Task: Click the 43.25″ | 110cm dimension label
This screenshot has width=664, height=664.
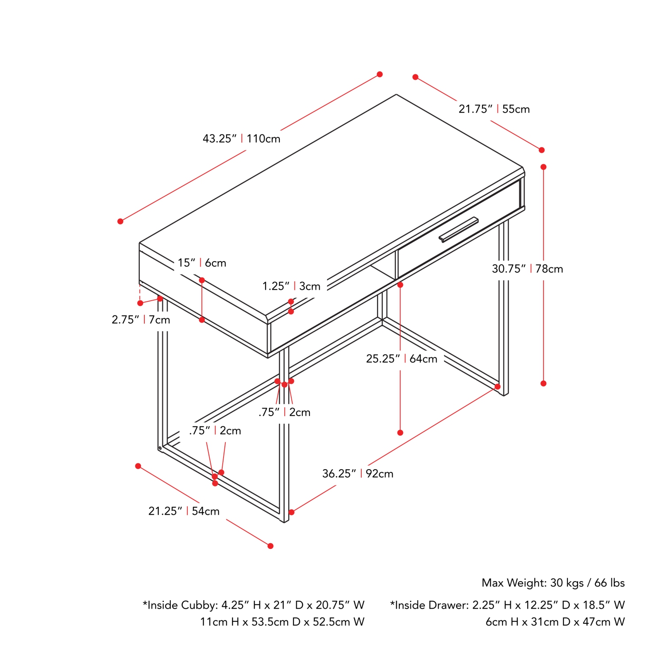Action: [241, 139]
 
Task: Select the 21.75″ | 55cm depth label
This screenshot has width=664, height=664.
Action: [494, 109]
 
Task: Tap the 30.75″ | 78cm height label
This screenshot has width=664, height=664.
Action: [527, 269]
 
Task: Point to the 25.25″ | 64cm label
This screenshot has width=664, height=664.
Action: [401, 359]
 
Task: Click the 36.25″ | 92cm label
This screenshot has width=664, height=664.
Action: [358, 474]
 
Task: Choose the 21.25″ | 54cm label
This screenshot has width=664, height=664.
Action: [184, 511]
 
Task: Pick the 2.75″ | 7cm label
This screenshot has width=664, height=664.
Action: [141, 320]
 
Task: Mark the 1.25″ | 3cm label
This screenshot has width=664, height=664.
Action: [291, 286]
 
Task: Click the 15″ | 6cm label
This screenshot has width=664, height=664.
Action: [202, 263]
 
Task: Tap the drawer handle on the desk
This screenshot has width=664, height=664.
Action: [459, 229]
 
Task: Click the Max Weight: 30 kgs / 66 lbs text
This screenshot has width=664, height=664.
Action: [553, 583]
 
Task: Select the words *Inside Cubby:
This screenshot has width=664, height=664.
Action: [180, 605]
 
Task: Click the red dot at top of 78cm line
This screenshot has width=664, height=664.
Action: [544, 167]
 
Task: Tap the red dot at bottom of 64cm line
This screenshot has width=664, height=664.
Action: [400, 432]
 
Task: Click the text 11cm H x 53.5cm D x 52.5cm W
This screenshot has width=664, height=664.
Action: [282, 622]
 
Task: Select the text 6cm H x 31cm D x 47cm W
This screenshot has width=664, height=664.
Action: [555, 622]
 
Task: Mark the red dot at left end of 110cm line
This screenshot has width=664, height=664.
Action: [120, 221]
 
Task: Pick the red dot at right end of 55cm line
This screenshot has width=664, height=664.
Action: [542, 150]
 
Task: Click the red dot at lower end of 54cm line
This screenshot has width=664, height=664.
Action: [270, 546]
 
